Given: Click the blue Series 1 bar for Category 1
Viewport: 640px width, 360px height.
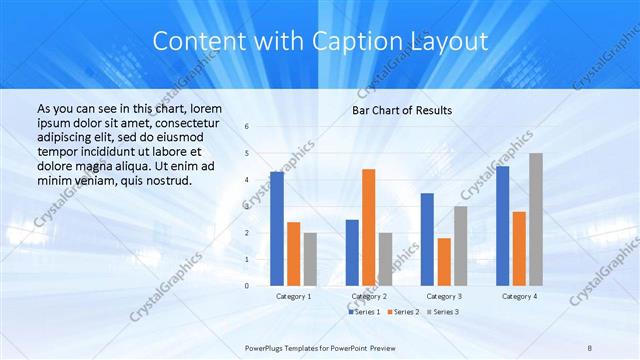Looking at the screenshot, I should click(x=277, y=229).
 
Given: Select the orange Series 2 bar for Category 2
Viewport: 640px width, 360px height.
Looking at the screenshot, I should click(x=368, y=227).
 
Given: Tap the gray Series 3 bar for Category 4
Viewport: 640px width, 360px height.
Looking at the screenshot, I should click(x=536, y=219).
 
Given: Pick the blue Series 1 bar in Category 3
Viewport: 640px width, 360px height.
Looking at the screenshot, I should click(x=427, y=239).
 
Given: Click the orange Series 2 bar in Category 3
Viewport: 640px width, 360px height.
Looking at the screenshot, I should click(x=444, y=262).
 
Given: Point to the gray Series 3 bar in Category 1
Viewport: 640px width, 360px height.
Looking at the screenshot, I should click(x=310, y=259).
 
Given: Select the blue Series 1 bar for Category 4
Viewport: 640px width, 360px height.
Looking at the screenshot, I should click(x=502, y=226).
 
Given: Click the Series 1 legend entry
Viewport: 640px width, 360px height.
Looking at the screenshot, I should click(x=364, y=312).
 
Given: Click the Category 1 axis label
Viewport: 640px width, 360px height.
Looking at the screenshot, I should click(x=293, y=296).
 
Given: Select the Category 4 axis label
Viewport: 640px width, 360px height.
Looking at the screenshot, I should click(x=519, y=296).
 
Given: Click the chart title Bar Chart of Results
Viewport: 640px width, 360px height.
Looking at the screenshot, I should click(x=401, y=110).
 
